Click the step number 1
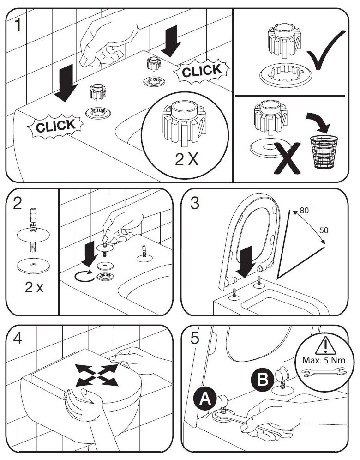click(x=18, y=24)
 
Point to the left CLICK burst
click(x=54, y=126)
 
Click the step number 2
click(x=18, y=203)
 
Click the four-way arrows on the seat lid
click(x=96, y=373)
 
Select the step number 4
click(x=18, y=338)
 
